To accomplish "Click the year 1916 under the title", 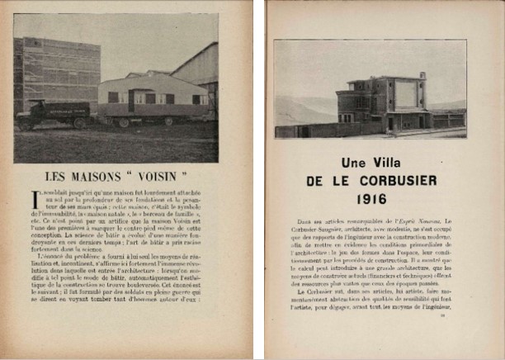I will (x=371, y=199).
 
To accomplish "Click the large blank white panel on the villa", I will (x=406, y=93).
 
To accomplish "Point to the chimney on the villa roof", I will (x=423, y=75).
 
